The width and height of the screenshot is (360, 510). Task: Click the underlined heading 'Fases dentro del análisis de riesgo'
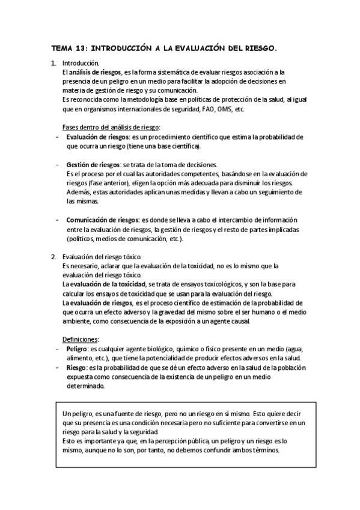(x=111, y=127)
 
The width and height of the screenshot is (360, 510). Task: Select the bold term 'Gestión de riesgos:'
(x=92, y=165)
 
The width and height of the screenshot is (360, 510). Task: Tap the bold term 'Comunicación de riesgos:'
(x=103, y=220)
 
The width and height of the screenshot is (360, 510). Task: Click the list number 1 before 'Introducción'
(x=53, y=63)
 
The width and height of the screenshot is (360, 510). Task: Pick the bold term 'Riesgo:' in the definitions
(x=76, y=367)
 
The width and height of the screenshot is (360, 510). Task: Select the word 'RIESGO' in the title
(x=260, y=48)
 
